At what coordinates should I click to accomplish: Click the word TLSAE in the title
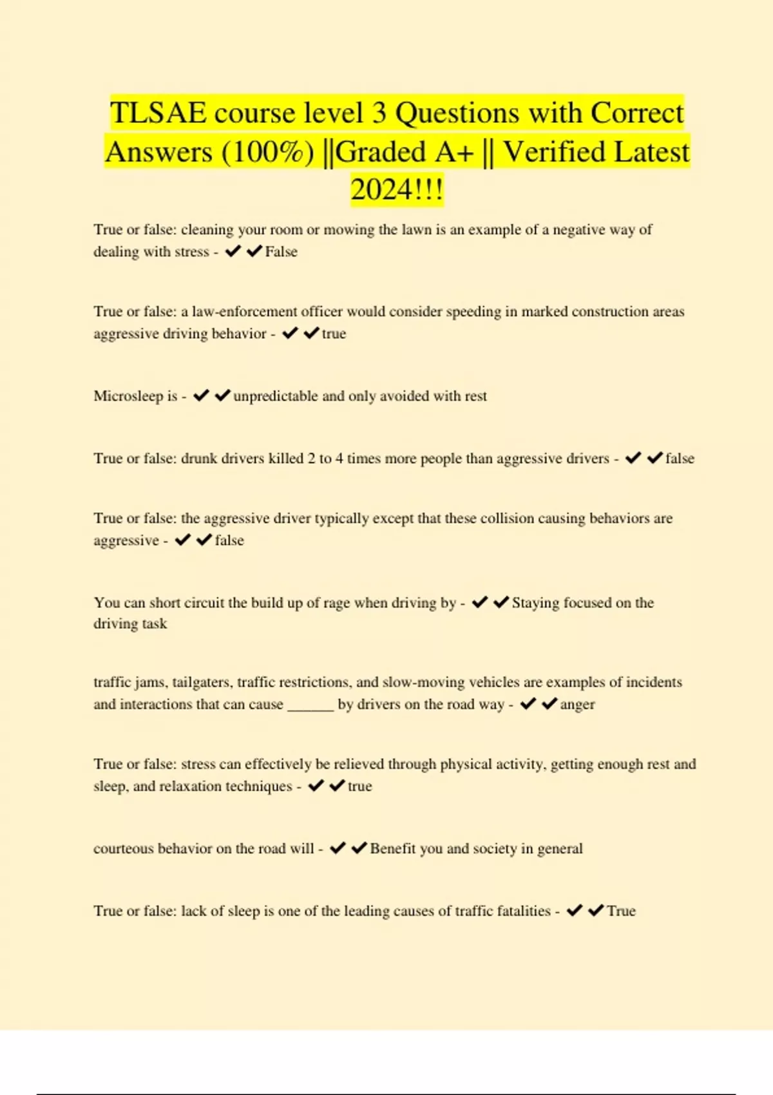coord(158,113)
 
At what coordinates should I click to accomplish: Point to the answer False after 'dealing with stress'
coord(282,252)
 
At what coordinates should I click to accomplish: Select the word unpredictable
coord(276,396)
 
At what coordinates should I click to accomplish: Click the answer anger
coord(578,704)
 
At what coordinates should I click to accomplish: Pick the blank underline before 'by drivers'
coord(310,705)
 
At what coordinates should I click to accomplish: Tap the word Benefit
coord(393,849)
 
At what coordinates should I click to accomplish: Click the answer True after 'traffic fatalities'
coord(621,911)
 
